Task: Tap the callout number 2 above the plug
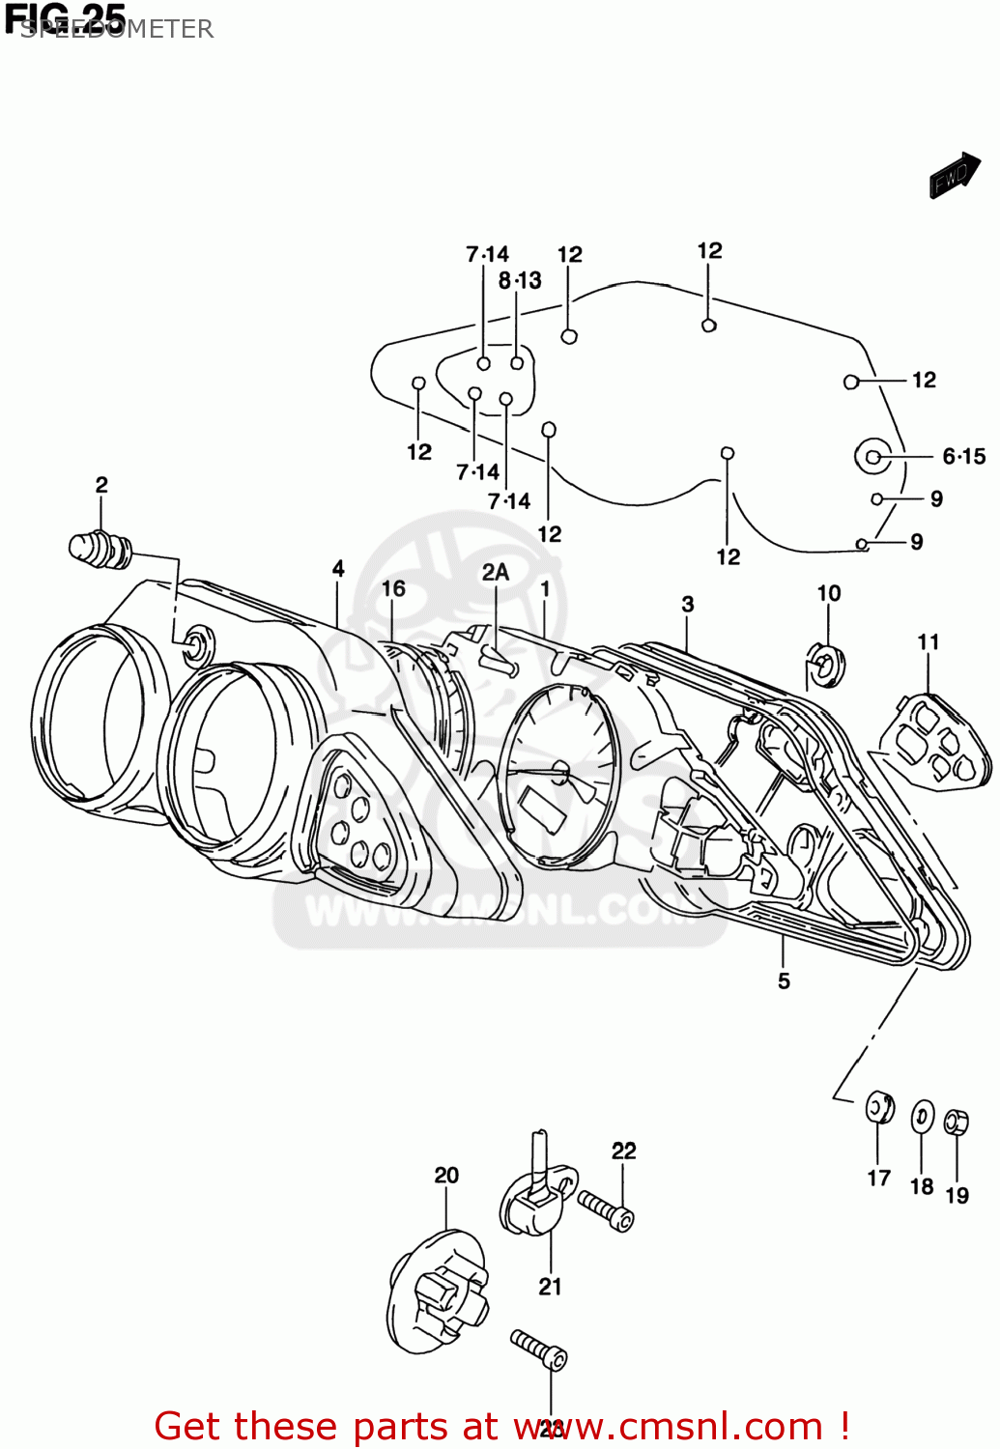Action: coord(101,485)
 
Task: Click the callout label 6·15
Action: coord(963,456)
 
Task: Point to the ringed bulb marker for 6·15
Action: coord(873,457)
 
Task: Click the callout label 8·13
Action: coord(520,281)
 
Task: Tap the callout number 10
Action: coord(829,593)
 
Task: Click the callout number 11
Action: coord(929,642)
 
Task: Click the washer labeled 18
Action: coord(923,1118)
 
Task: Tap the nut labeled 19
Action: coord(956,1122)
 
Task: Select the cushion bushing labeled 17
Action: coord(879,1108)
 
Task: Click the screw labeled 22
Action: coord(607,1210)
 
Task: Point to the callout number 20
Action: coord(446,1176)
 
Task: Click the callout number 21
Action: coord(550,1287)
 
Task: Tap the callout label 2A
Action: coord(496,573)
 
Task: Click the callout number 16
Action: coord(393,589)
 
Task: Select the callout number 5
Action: coord(784,981)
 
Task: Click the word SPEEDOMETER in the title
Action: coord(117,29)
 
